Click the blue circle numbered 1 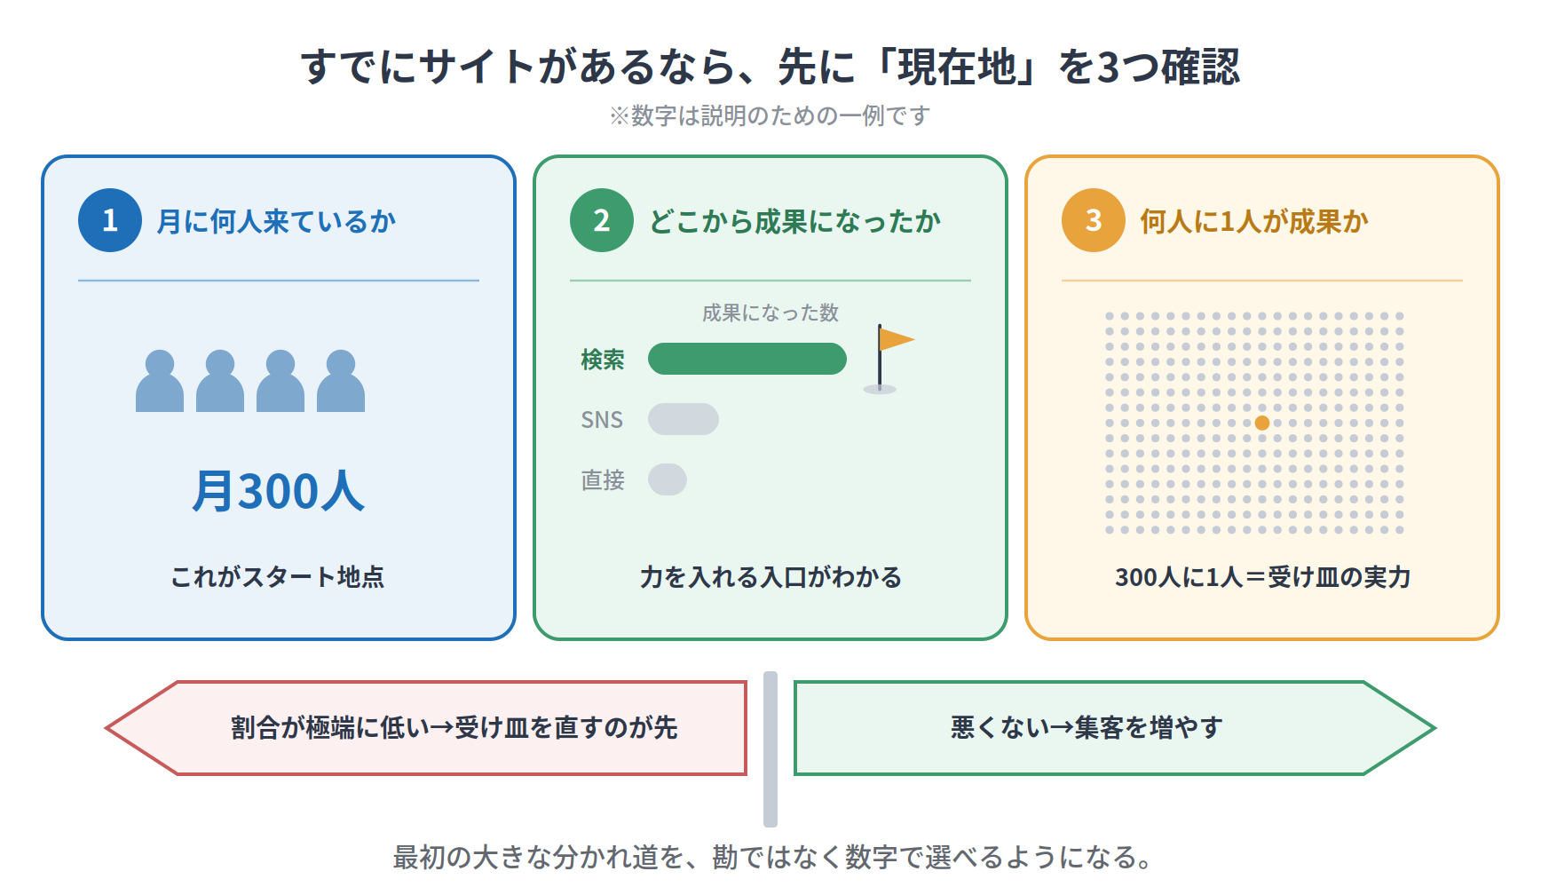(x=110, y=220)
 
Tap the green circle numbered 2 (x=602, y=220)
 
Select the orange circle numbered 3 (x=1094, y=220)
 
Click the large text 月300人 (x=279, y=491)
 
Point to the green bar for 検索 (x=747, y=359)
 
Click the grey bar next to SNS (x=684, y=419)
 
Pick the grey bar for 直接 (x=668, y=479)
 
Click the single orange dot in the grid (x=1262, y=423)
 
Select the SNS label (x=602, y=419)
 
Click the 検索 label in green (x=603, y=359)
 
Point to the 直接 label (x=603, y=479)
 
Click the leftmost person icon (x=160, y=381)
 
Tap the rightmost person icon (x=341, y=381)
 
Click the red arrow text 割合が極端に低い (x=330, y=728)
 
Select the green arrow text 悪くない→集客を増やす (x=1087, y=728)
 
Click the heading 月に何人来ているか (x=276, y=221)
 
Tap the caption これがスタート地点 (x=278, y=577)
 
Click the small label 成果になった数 (x=770, y=313)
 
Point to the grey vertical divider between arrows (x=770, y=749)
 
